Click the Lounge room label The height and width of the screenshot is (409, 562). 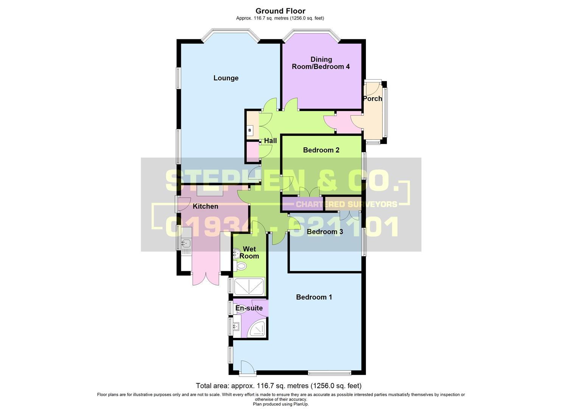[x=226, y=78]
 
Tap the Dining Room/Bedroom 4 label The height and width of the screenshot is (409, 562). [x=321, y=63]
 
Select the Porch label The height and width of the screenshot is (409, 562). [x=372, y=98]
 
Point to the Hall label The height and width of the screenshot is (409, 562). [x=270, y=140]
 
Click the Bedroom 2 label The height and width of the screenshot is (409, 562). [x=321, y=150]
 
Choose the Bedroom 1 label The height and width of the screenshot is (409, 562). [x=314, y=297]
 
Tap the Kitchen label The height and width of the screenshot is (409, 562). [x=205, y=206]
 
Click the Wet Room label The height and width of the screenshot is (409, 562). [x=249, y=253]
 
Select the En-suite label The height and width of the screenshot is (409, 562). [x=249, y=308]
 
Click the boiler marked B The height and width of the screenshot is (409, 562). [x=250, y=131]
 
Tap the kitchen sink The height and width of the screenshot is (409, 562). [x=186, y=243]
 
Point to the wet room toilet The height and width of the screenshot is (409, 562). [x=240, y=267]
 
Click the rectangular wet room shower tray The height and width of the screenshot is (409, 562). [x=249, y=286]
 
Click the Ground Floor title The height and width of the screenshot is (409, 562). [x=280, y=11]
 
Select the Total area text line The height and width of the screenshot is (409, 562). [x=279, y=386]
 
